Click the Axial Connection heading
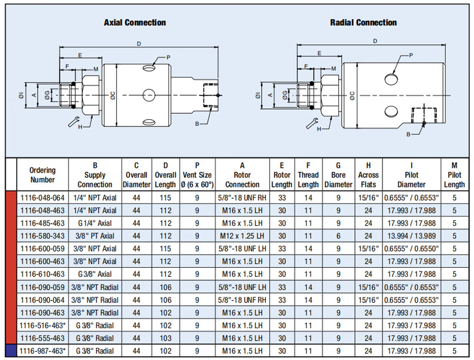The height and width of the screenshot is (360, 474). tap(135, 23)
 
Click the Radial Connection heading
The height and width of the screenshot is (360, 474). tap(363, 23)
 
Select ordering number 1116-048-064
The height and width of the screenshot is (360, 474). tap(42, 198)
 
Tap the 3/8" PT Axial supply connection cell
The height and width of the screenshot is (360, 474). tap(95, 235)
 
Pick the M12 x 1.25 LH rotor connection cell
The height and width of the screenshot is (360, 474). tap(242, 235)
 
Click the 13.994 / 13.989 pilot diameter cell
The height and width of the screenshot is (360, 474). tap(412, 235)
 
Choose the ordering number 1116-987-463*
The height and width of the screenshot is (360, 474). tap(42, 350)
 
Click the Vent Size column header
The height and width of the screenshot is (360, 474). tap(197, 174)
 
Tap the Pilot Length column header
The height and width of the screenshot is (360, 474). tap(454, 174)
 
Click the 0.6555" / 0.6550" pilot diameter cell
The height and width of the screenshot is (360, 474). tap(412, 249)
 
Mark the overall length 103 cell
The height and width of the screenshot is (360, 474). tap(165, 338)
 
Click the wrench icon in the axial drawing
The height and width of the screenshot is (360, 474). tap(74, 122)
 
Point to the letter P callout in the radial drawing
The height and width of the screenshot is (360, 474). tap(411, 55)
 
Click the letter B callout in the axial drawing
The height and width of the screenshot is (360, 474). tap(196, 123)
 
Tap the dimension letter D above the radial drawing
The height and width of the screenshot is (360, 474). tap(375, 41)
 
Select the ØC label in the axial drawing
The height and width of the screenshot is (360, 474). tap(112, 94)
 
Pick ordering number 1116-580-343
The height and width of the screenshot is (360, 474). tap(42, 235)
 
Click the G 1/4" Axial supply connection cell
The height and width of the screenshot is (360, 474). tap(95, 223)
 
